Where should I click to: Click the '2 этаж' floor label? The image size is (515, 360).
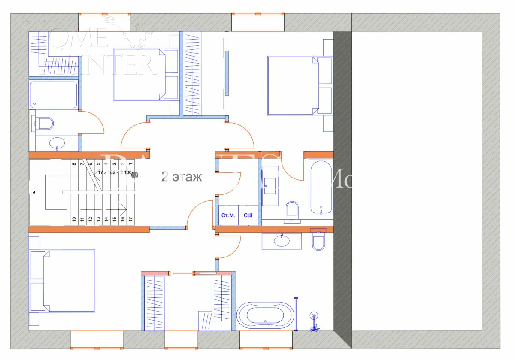[x=181, y=177]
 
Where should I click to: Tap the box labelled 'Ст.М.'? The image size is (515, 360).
[x=227, y=215]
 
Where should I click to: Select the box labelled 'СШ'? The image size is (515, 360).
[x=248, y=215]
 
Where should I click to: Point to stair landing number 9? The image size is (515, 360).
[x=33, y=192]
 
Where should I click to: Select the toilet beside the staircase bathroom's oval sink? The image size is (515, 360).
[x=45, y=124]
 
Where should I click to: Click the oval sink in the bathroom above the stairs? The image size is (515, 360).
[x=57, y=142]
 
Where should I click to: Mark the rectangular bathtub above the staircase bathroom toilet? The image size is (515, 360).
[x=54, y=95]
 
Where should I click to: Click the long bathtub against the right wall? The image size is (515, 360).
[x=321, y=187]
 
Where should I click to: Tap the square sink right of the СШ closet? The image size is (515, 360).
[x=270, y=184]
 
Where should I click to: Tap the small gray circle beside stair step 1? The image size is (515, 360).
[x=134, y=175]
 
